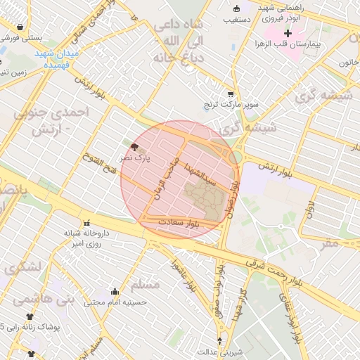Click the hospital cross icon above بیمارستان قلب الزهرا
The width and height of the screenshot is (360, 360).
point(288,33)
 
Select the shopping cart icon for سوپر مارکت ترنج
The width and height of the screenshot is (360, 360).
point(230,94)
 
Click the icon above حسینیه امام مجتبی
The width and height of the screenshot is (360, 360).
point(115,291)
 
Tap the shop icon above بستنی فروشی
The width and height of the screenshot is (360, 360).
point(19,27)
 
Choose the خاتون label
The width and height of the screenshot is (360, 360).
point(348,63)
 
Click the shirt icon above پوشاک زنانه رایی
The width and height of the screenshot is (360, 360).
point(30,317)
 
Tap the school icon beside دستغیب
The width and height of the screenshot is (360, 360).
point(236,9)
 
